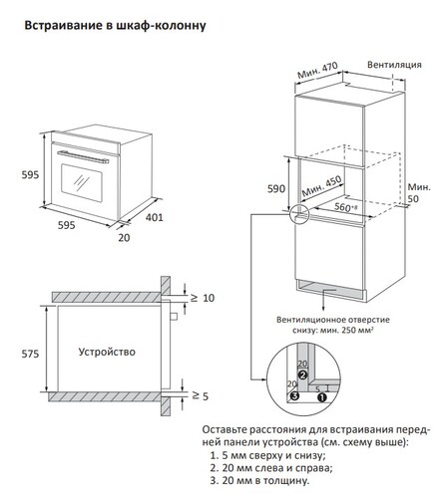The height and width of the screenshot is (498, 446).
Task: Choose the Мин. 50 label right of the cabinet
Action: coord(418,193)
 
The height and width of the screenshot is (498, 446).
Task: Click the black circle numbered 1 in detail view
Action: coord(320,395)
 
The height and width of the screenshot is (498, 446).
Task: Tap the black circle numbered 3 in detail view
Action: coord(294,395)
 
